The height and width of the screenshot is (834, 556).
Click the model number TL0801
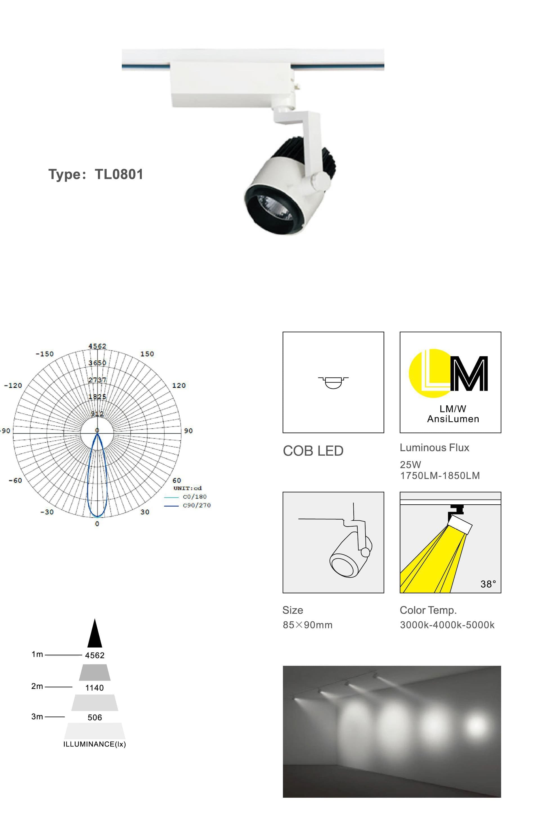tap(119, 174)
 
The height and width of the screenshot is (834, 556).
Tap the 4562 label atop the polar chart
tap(97, 346)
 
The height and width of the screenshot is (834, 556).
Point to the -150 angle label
tap(45, 354)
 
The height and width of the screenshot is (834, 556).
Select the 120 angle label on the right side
tap(179, 385)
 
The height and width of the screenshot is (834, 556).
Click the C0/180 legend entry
tap(194, 496)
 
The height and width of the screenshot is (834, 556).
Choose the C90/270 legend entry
tap(196, 505)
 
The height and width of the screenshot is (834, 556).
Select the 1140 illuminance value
tap(94, 688)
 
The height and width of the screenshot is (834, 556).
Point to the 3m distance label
tap(37, 716)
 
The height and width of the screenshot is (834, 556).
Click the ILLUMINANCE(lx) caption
tap(94, 744)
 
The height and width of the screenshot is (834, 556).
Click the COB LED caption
tap(313, 451)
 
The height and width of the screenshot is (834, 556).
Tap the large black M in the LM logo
tap(470, 374)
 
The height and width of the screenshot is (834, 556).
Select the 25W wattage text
tap(410, 464)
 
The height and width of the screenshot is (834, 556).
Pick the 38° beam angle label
tap(488, 584)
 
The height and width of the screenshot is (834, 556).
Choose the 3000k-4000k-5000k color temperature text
tap(447, 625)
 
